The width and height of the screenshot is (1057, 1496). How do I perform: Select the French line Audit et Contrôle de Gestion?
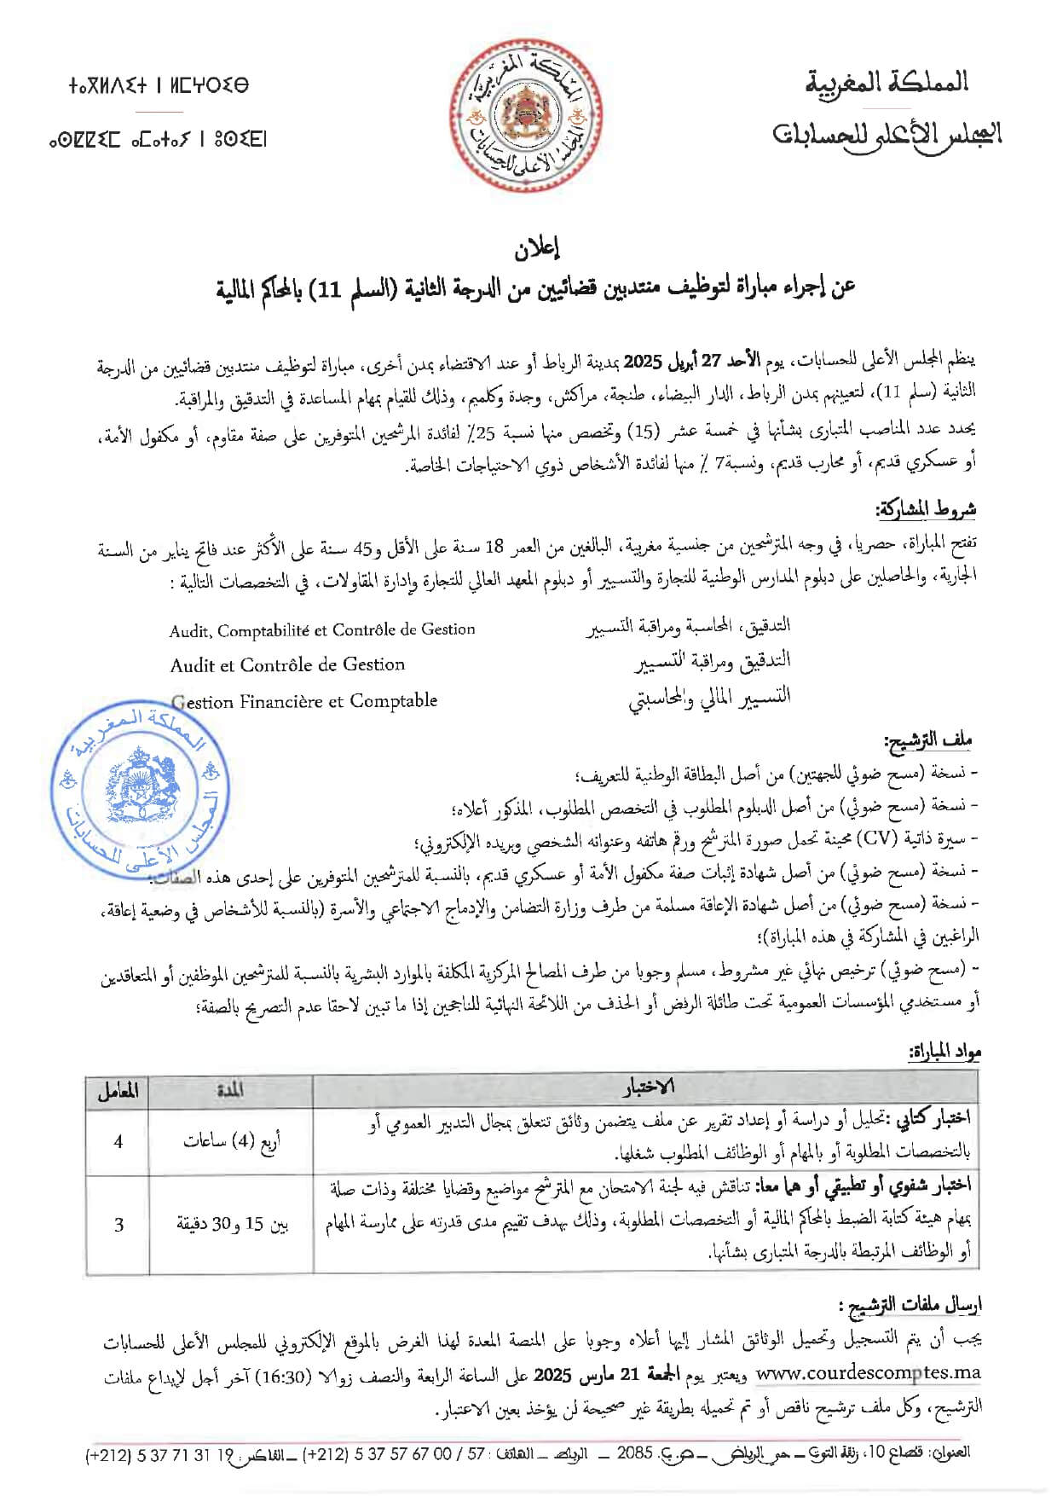[x=287, y=665]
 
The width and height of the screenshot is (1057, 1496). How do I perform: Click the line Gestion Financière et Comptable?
[x=304, y=701]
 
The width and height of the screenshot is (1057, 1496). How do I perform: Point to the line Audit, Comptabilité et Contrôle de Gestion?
[x=322, y=630]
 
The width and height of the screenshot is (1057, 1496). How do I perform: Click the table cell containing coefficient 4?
[x=118, y=1141]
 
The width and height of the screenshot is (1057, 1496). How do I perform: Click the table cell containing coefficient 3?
[x=118, y=1224]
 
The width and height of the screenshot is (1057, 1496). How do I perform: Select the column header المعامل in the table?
[x=118, y=1091]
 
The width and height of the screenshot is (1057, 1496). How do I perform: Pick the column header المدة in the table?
[x=230, y=1091]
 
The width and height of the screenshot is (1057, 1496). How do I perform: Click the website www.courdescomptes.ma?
[x=868, y=1372]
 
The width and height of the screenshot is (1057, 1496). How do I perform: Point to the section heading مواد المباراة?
[x=944, y=1052]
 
